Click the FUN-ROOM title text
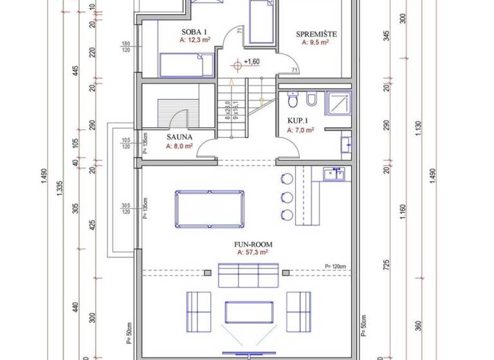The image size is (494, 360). point(252,244)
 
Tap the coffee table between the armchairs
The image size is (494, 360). point(248,312)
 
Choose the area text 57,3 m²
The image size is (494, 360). point(252,253)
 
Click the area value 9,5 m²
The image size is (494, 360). point(315,42)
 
